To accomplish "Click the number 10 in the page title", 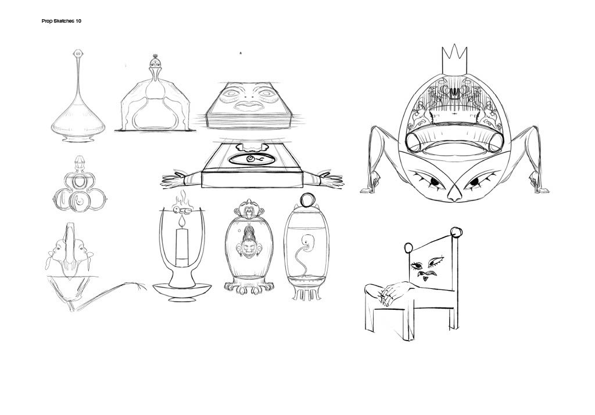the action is (x=78, y=21).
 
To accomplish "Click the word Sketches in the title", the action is (x=64, y=21).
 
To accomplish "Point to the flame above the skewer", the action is (x=182, y=198).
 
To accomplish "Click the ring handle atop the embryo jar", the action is (x=306, y=199).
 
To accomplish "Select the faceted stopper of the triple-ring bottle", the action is (x=78, y=164).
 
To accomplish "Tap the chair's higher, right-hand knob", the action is (x=456, y=231).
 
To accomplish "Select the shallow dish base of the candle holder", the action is (x=182, y=292).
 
